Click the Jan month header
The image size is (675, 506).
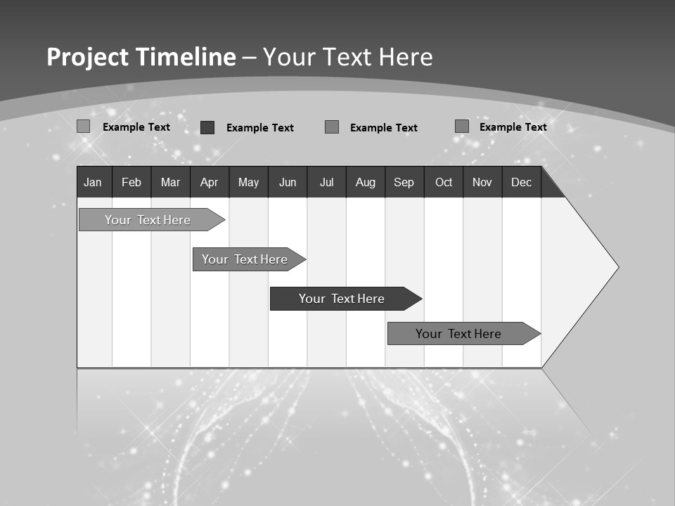(93, 183)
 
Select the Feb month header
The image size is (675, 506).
(131, 183)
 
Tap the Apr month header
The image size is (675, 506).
(209, 183)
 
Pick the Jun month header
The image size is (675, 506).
(288, 183)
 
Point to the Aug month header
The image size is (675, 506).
(365, 183)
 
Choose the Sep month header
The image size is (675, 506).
(404, 183)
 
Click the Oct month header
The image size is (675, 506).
(444, 183)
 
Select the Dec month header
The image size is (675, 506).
(521, 183)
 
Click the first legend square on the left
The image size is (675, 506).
(84, 126)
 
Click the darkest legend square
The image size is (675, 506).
(207, 127)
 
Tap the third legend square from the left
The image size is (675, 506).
(332, 127)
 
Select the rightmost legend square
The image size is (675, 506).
(461, 126)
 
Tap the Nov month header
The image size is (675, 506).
(482, 183)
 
